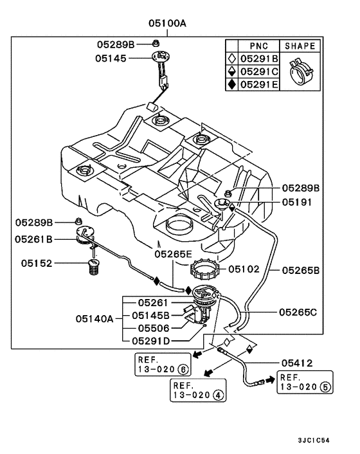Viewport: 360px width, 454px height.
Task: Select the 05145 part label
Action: pyautogui.click(x=111, y=58)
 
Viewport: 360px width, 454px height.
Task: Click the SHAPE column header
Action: pyautogui.click(x=300, y=46)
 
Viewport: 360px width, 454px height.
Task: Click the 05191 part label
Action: pyautogui.click(x=298, y=201)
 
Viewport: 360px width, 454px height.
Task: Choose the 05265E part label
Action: pyautogui.click(x=173, y=254)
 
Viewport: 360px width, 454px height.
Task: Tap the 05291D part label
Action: pyautogui.click(x=151, y=340)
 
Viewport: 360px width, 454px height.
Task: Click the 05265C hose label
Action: pyautogui.click(x=299, y=311)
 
